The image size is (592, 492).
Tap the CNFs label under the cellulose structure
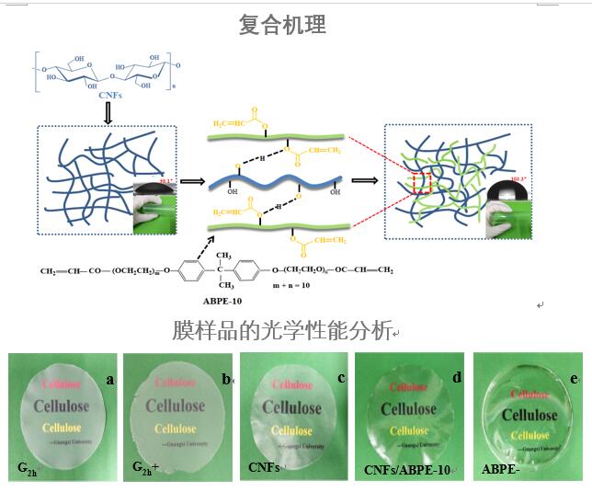tap(110, 95)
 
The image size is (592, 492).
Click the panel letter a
tap(108, 378)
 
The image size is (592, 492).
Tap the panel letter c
tap(341, 377)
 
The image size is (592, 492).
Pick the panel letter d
tap(456, 377)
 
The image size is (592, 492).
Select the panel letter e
tap(572, 378)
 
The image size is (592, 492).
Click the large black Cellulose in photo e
tap(529, 415)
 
